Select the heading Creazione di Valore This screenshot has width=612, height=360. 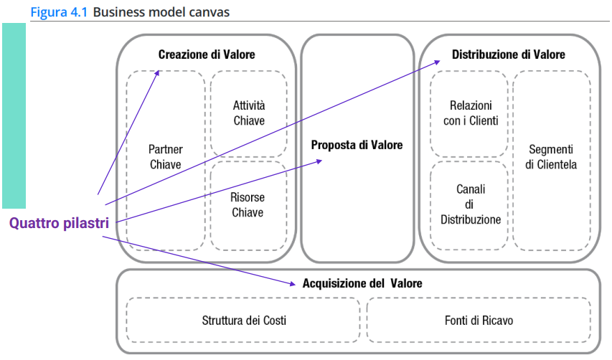point(207,55)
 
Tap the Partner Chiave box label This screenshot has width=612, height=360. point(165,157)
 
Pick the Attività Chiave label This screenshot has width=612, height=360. point(248,113)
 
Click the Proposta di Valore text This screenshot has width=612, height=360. point(357,145)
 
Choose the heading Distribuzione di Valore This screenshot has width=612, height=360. point(508,55)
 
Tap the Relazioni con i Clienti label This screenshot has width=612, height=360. point(470,113)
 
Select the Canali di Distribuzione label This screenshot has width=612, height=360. point(470,204)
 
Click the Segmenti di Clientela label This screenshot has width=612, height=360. point(551,157)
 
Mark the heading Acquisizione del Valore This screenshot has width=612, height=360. point(362,283)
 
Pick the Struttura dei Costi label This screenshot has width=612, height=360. point(244,321)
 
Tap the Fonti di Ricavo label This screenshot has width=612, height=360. point(479,321)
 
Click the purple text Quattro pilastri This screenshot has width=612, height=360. point(59,223)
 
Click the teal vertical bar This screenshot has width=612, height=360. point(14,115)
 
